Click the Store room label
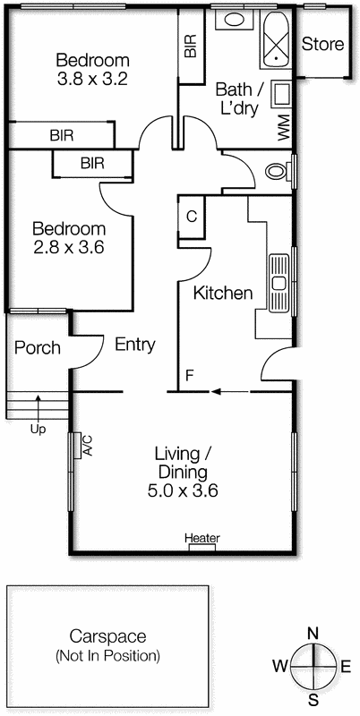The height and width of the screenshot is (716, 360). tap(322, 44)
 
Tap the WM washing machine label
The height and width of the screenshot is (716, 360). tap(284, 128)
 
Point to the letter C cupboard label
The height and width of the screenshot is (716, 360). tap(192, 216)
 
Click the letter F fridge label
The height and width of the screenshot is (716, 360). tap(189, 375)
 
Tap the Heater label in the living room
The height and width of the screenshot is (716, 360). tap(201, 538)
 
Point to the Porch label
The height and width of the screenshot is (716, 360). tap(38, 347)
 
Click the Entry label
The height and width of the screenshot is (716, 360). tap(135, 345)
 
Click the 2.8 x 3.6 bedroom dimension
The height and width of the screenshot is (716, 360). tap(68, 246)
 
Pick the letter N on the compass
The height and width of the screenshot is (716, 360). tap(313, 634)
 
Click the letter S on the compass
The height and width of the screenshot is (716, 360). tap(313, 699)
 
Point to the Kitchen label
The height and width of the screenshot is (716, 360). tap(223, 294)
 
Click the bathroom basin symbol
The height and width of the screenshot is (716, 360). tap(236, 20)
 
